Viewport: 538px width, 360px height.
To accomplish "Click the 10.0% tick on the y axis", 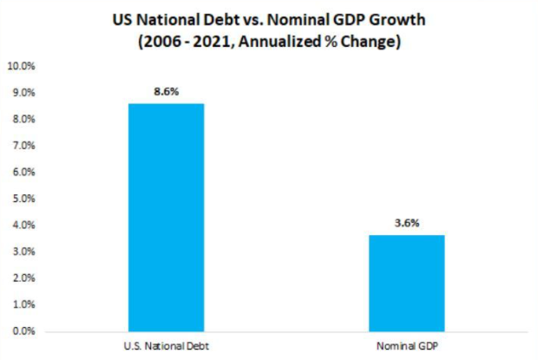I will [21, 65].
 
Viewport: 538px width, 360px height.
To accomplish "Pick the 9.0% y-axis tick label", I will [23, 92].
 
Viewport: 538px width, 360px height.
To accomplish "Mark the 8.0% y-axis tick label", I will [23, 119].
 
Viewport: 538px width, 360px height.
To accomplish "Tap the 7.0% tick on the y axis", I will [23, 145].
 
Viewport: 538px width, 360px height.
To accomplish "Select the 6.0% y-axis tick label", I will [23, 172].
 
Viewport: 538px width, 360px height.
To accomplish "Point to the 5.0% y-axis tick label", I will [23, 199].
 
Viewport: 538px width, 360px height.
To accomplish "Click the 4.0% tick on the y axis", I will [23, 225].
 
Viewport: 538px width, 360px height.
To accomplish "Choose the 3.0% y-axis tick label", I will [23, 252].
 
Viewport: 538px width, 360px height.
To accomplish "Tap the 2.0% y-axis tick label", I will [23, 278].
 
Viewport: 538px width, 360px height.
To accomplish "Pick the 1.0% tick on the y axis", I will [23, 304].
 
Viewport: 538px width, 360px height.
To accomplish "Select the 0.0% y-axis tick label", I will [23, 331].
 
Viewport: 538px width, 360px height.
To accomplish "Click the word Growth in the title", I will [391, 20].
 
